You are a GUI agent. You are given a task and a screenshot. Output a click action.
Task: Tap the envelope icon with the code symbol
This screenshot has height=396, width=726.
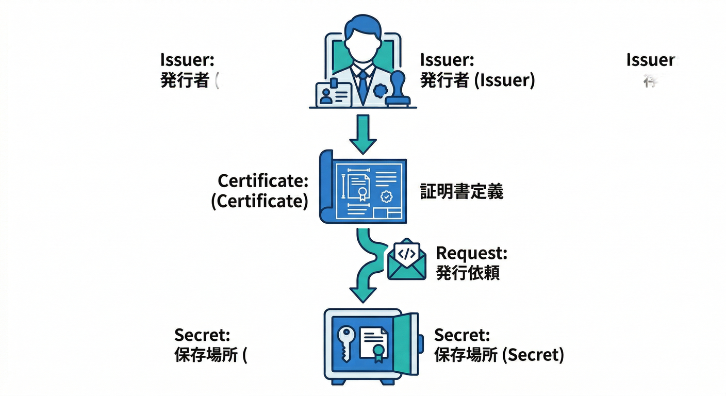point(407,260)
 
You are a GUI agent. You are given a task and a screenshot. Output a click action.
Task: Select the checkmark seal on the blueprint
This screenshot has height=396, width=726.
point(386,196)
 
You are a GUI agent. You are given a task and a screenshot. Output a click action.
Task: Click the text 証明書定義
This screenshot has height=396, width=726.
point(461,192)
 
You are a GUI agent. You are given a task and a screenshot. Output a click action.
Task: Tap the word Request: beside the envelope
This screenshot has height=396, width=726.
point(471,253)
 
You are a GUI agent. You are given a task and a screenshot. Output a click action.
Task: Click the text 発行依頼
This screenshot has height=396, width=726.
point(468,273)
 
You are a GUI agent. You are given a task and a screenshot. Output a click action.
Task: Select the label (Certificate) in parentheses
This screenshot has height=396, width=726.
point(259,201)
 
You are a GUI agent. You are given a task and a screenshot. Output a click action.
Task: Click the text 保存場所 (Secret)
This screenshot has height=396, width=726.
point(499,355)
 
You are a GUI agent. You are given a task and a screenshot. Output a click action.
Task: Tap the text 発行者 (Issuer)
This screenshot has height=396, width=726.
point(477,80)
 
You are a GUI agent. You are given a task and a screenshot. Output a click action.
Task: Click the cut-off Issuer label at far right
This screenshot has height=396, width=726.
point(650,60)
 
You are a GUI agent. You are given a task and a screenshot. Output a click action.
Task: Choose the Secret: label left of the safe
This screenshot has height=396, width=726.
point(202,335)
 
